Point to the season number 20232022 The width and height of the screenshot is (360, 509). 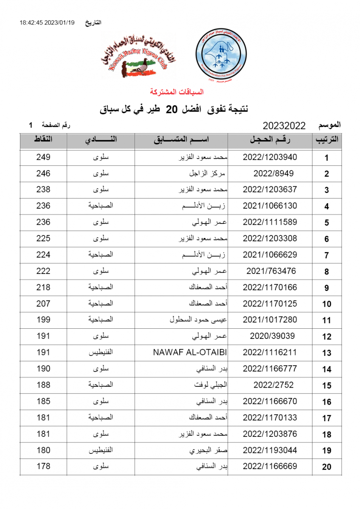[284, 126]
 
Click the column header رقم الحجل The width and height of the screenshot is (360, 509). [270, 140]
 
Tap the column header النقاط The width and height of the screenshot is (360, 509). [43, 140]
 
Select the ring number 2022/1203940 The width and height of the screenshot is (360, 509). [270, 157]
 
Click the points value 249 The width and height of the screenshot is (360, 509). [43, 157]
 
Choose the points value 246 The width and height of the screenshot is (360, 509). [43, 173]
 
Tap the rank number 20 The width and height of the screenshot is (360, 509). [326, 467]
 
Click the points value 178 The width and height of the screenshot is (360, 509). [43, 466]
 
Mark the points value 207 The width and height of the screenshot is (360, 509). [43, 304]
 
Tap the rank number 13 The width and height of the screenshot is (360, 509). [326, 353]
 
